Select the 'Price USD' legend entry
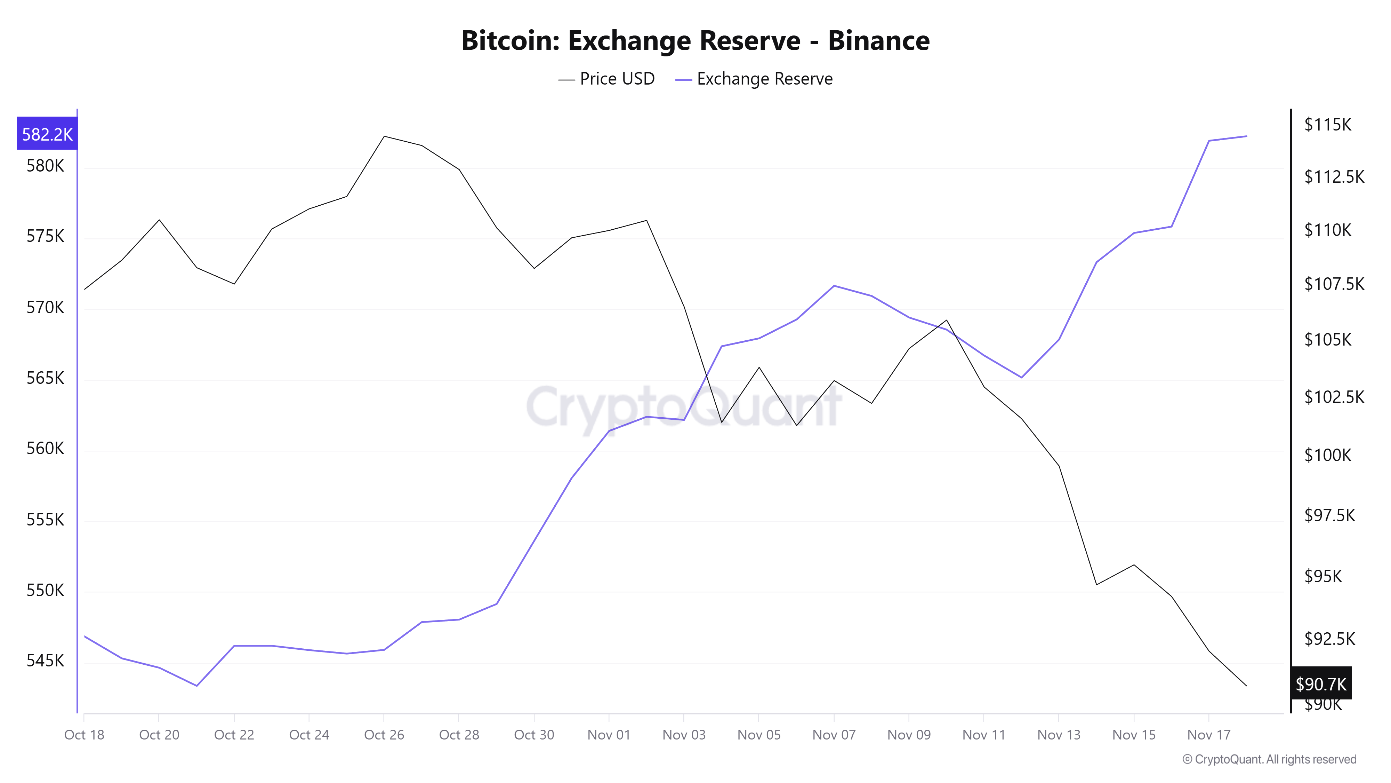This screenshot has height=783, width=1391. (606, 79)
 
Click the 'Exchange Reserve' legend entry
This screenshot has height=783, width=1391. (754, 79)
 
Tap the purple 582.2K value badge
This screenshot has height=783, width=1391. (47, 134)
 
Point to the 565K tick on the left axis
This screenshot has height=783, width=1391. (45, 378)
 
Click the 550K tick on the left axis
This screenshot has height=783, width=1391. (45, 590)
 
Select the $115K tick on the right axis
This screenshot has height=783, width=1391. (1327, 125)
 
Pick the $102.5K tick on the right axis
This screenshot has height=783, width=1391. (1334, 397)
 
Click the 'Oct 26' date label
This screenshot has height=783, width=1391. (384, 734)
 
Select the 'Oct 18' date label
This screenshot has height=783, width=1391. (84, 734)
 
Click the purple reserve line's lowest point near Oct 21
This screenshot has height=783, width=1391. (196, 686)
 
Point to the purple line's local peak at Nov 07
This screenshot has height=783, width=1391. (834, 285)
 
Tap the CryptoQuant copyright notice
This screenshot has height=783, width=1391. (1269, 759)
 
